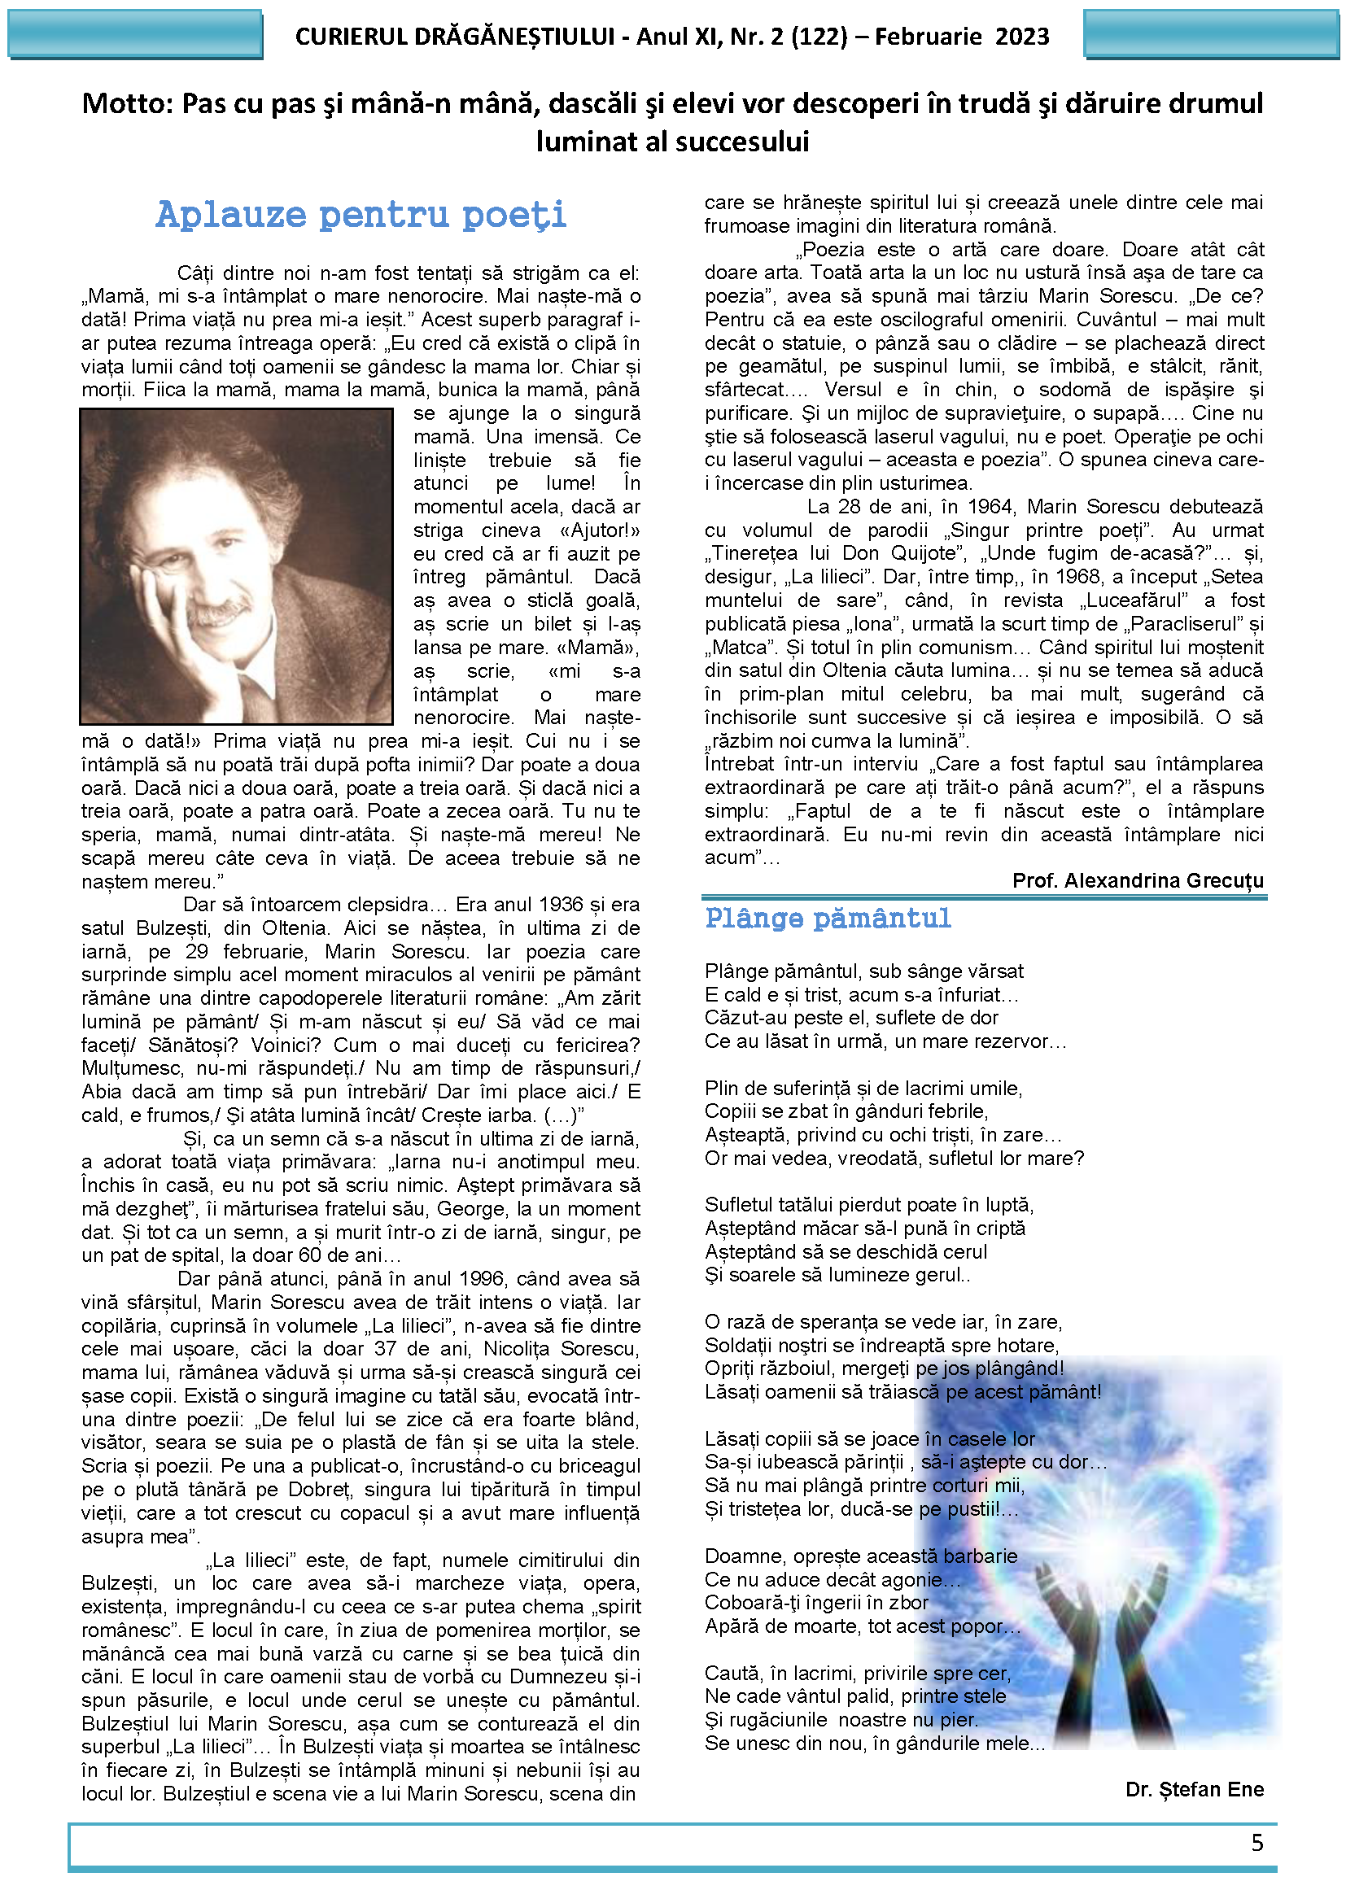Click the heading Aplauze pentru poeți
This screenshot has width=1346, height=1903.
pyautogui.click(x=361, y=215)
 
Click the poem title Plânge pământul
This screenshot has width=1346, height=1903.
pyautogui.click(x=827, y=919)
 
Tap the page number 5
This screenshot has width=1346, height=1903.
pyautogui.click(x=1256, y=1843)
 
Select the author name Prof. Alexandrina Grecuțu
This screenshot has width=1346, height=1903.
pyautogui.click(x=1137, y=880)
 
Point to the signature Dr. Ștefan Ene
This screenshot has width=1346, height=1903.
pyautogui.click(x=1194, y=1789)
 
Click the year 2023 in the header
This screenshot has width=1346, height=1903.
pyautogui.click(x=1022, y=37)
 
